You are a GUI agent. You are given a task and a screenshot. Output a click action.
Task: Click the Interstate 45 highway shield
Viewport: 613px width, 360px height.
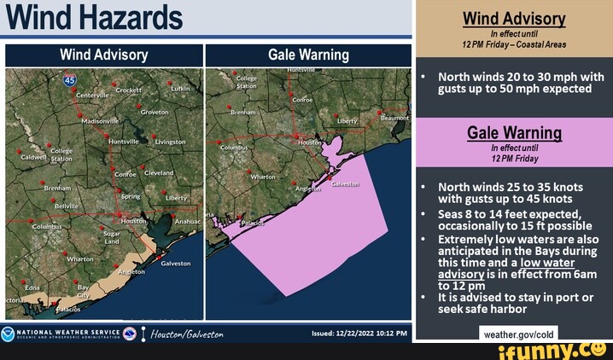click(x=70, y=80)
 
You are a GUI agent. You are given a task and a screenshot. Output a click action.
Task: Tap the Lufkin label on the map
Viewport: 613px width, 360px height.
click(x=180, y=89)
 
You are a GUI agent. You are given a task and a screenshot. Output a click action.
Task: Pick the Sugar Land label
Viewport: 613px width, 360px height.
click(x=112, y=236)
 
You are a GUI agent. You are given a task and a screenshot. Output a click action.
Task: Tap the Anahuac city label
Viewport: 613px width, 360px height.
click(x=188, y=222)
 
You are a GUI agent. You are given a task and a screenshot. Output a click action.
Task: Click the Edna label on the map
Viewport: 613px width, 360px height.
click(x=32, y=288)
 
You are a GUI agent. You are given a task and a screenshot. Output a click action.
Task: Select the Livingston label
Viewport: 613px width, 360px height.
click(x=171, y=142)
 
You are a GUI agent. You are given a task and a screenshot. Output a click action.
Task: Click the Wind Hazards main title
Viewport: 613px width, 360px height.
click(x=94, y=18)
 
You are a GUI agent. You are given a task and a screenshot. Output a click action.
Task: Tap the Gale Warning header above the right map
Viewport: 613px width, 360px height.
click(x=308, y=55)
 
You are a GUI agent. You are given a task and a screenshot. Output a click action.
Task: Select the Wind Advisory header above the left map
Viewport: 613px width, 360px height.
click(x=103, y=55)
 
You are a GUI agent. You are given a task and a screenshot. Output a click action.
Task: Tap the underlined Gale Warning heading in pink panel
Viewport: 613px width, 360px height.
click(x=513, y=132)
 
